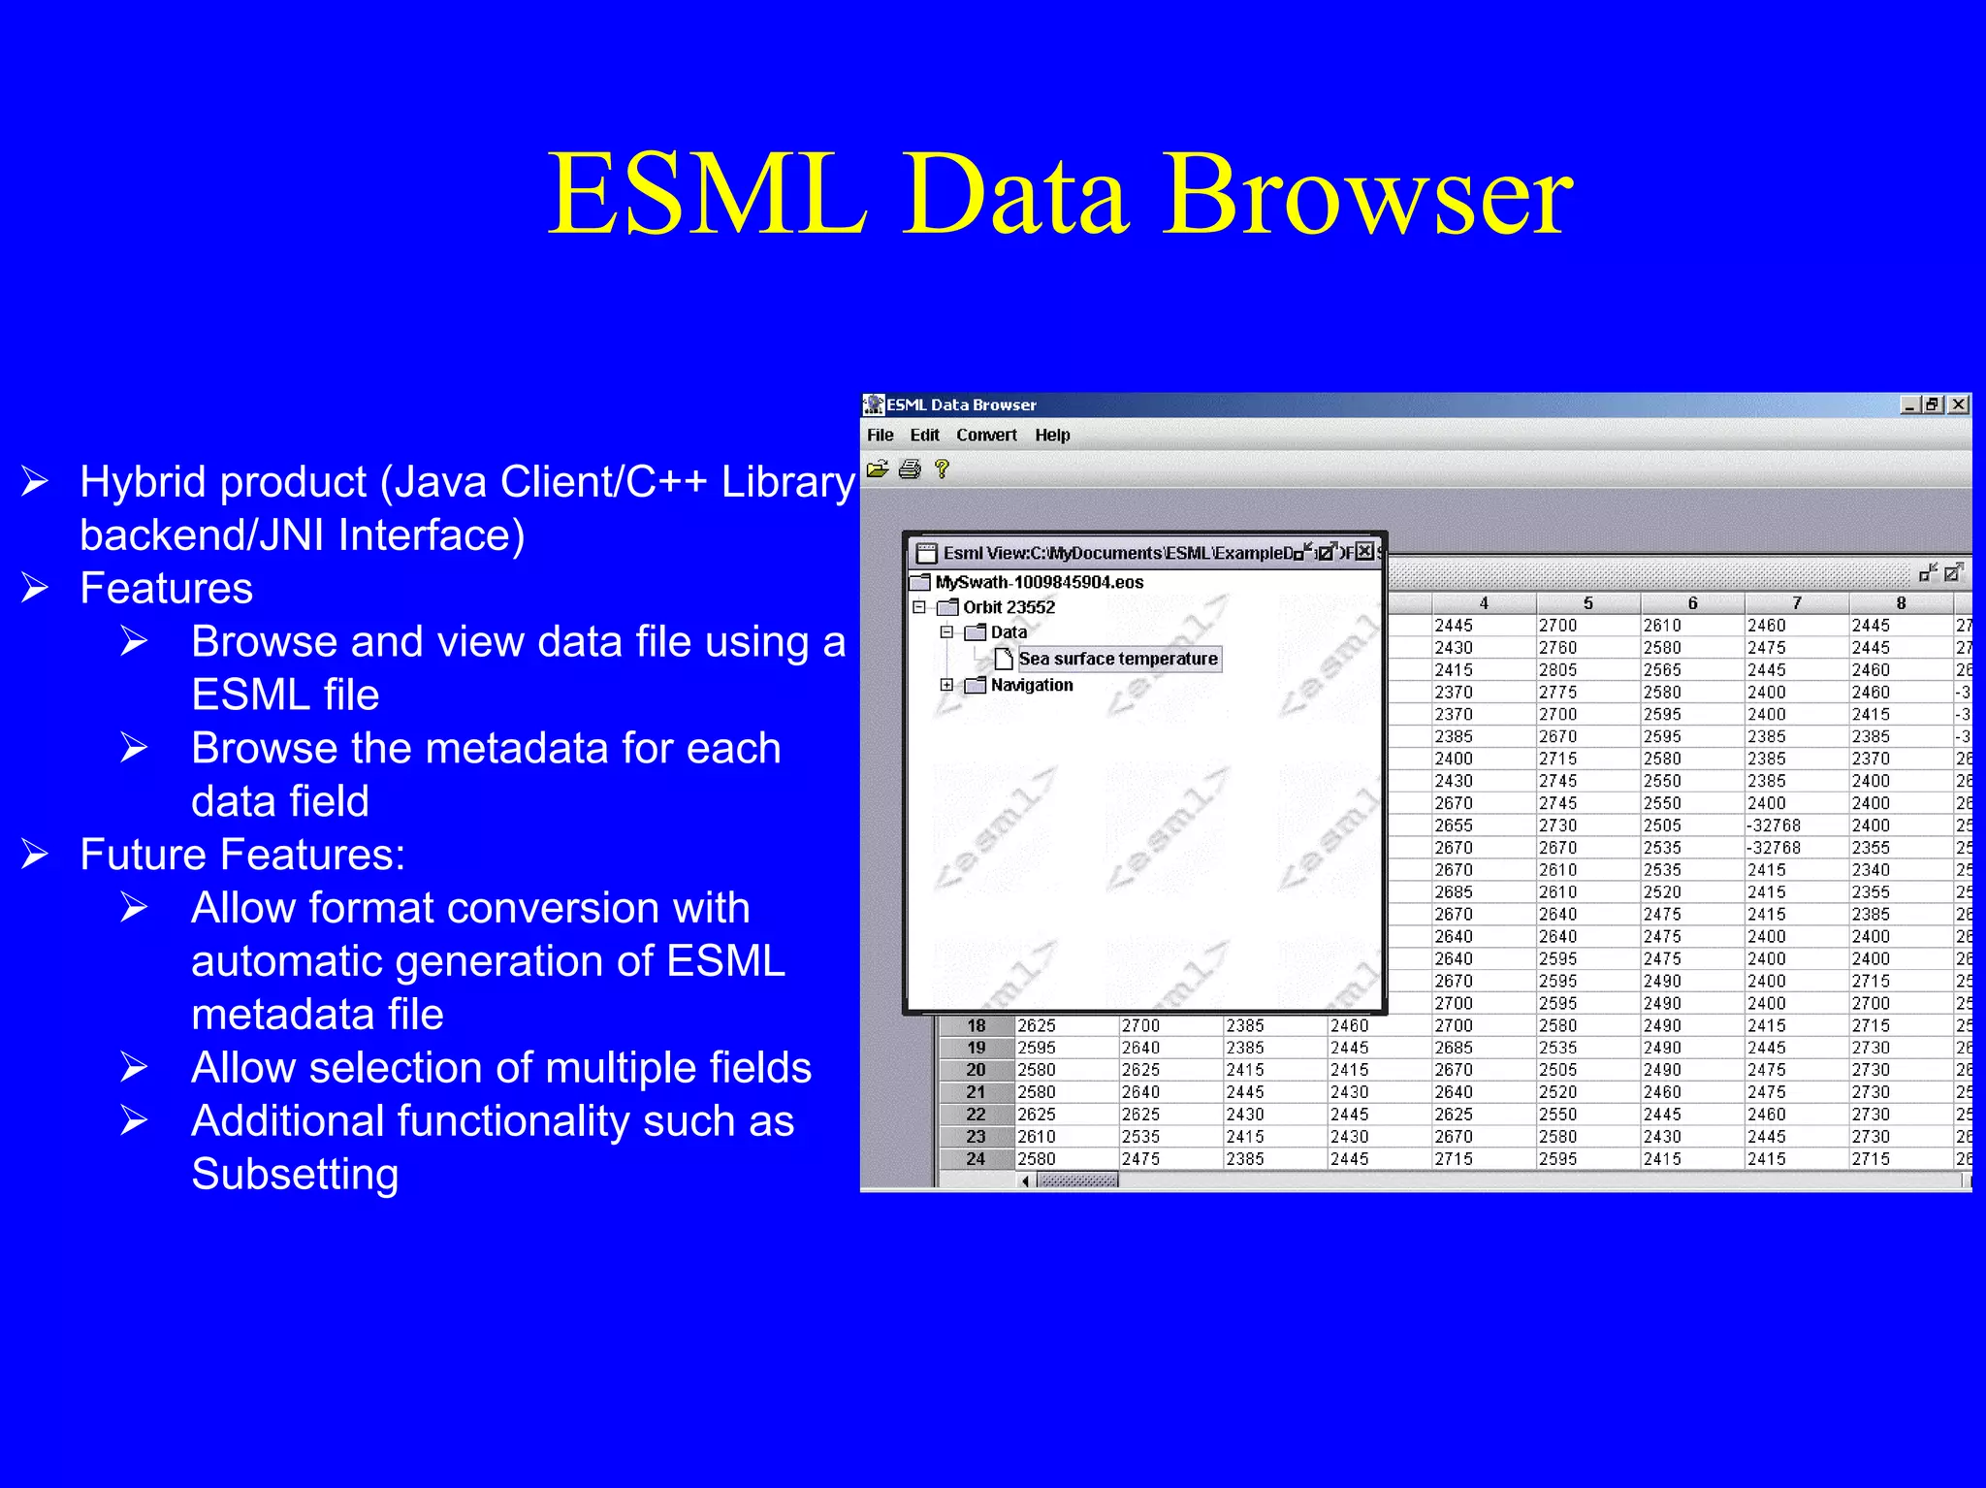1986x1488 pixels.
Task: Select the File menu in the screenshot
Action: (880, 436)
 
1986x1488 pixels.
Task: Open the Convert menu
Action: (986, 436)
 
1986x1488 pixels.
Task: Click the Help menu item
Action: (1052, 436)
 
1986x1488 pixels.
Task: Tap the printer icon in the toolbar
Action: (910, 470)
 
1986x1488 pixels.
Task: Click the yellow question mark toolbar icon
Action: (941, 469)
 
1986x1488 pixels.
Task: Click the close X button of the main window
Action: (1959, 404)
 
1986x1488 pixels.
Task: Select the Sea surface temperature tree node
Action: (1117, 659)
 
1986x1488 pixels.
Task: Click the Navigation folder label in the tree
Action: (1032, 685)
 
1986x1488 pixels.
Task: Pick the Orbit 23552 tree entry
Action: (1009, 607)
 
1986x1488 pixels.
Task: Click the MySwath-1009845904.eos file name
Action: (1039, 582)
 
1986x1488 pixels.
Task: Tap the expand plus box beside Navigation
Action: (946, 685)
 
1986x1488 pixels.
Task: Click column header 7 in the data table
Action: (1796, 603)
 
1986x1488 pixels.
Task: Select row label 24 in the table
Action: (976, 1159)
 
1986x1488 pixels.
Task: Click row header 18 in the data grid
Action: (976, 1026)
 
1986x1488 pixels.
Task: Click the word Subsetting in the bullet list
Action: (295, 1175)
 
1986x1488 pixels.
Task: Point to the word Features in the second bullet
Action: (166, 589)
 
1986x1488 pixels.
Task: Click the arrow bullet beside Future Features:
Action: (36, 855)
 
